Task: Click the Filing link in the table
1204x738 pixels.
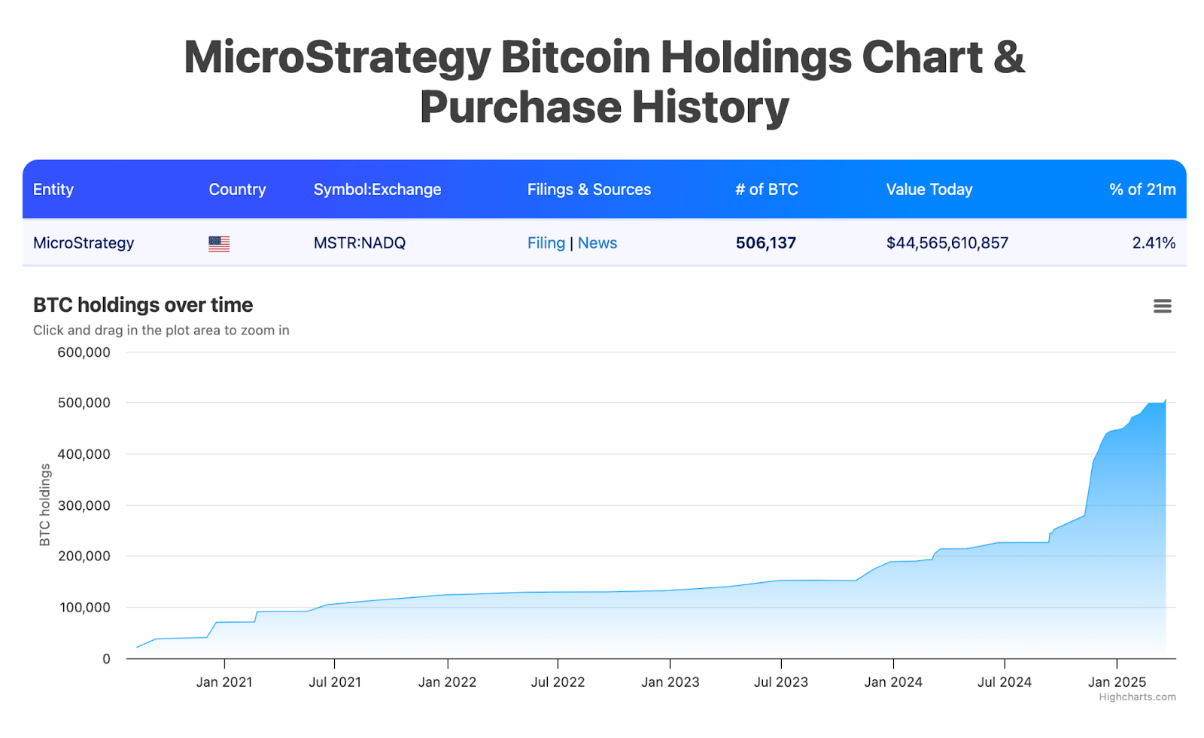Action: (546, 243)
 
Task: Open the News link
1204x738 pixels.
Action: (597, 243)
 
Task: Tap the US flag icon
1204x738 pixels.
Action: (219, 243)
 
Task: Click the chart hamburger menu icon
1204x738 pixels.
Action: (1162, 306)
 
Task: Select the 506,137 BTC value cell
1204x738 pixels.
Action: (765, 243)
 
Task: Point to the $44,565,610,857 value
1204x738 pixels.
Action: (947, 243)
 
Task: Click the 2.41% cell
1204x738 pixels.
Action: (1153, 243)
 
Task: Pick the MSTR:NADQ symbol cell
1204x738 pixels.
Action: (359, 243)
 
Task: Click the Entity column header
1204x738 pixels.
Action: (53, 190)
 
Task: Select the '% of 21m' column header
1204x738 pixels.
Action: (1142, 190)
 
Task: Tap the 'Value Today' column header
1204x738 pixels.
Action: (929, 190)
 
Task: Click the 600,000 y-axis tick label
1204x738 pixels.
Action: (84, 352)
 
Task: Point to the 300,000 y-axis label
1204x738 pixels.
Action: (84, 505)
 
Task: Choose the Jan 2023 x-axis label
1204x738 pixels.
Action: (670, 682)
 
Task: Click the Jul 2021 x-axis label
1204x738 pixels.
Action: (335, 682)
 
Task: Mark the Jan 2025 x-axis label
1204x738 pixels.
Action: (1117, 682)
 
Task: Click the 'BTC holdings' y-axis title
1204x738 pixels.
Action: (45, 505)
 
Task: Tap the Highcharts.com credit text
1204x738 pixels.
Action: (1137, 697)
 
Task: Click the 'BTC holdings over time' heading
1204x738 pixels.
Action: (143, 305)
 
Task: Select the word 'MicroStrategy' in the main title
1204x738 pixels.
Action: (337, 57)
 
